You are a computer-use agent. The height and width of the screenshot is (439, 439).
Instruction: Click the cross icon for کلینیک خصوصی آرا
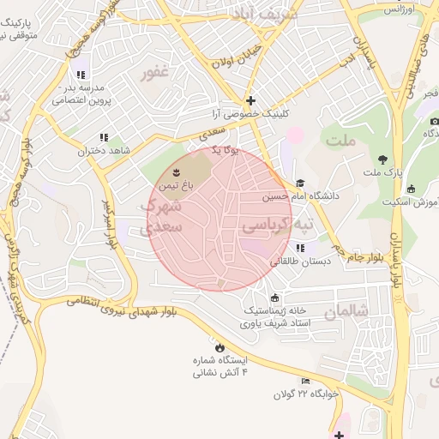coord(250,99)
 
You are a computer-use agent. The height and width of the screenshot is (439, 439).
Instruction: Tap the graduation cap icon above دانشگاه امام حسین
coord(300,183)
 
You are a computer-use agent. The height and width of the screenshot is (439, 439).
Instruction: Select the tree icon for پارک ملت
coord(382,159)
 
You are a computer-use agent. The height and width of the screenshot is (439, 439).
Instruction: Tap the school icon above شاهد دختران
coord(104,137)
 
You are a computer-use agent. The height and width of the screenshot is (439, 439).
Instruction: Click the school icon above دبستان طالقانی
coord(300,248)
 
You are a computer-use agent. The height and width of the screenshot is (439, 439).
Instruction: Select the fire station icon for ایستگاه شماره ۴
coord(220,347)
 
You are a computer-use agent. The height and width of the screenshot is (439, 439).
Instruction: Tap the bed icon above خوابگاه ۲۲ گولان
coord(305,382)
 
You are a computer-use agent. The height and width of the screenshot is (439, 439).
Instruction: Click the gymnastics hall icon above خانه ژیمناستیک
coord(274,297)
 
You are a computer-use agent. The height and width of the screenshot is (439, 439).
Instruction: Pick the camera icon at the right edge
coord(434,121)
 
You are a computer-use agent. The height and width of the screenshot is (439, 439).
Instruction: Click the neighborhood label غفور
coord(160,75)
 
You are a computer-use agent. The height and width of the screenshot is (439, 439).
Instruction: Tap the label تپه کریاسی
coord(278,226)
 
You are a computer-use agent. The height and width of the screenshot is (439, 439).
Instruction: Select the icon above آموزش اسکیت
coord(411,189)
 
